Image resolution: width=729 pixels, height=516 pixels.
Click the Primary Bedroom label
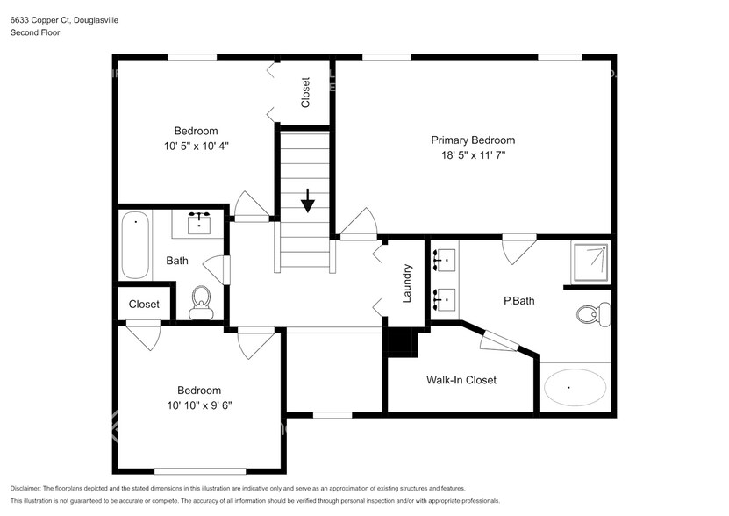click(x=472, y=140)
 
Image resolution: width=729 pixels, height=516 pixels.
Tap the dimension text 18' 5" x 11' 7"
click(x=472, y=155)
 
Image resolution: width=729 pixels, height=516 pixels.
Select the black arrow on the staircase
click(x=307, y=201)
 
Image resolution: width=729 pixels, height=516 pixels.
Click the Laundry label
click(x=407, y=283)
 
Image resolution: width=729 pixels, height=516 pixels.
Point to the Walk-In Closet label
click(x=461, y=380)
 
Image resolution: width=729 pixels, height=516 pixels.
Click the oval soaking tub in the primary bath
click(x=575, y=387)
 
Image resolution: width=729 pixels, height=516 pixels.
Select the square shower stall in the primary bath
click(x=590, y=262)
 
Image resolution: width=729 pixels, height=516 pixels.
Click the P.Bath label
click(x=518, y=301)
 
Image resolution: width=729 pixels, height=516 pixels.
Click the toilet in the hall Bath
click(x=201, y=302)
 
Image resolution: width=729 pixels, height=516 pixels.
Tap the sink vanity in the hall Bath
click(x=202, y=223)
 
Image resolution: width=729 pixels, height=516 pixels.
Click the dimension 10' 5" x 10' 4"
click(x=196, y=146)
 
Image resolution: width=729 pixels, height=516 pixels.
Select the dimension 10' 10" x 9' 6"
click(x=199, y=405)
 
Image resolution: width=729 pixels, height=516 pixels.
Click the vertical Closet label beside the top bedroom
click(x=305, y=93)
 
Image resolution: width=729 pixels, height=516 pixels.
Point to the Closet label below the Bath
click(x=144, y=305)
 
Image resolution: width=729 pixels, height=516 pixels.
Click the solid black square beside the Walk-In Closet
click(x=403, y=342)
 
